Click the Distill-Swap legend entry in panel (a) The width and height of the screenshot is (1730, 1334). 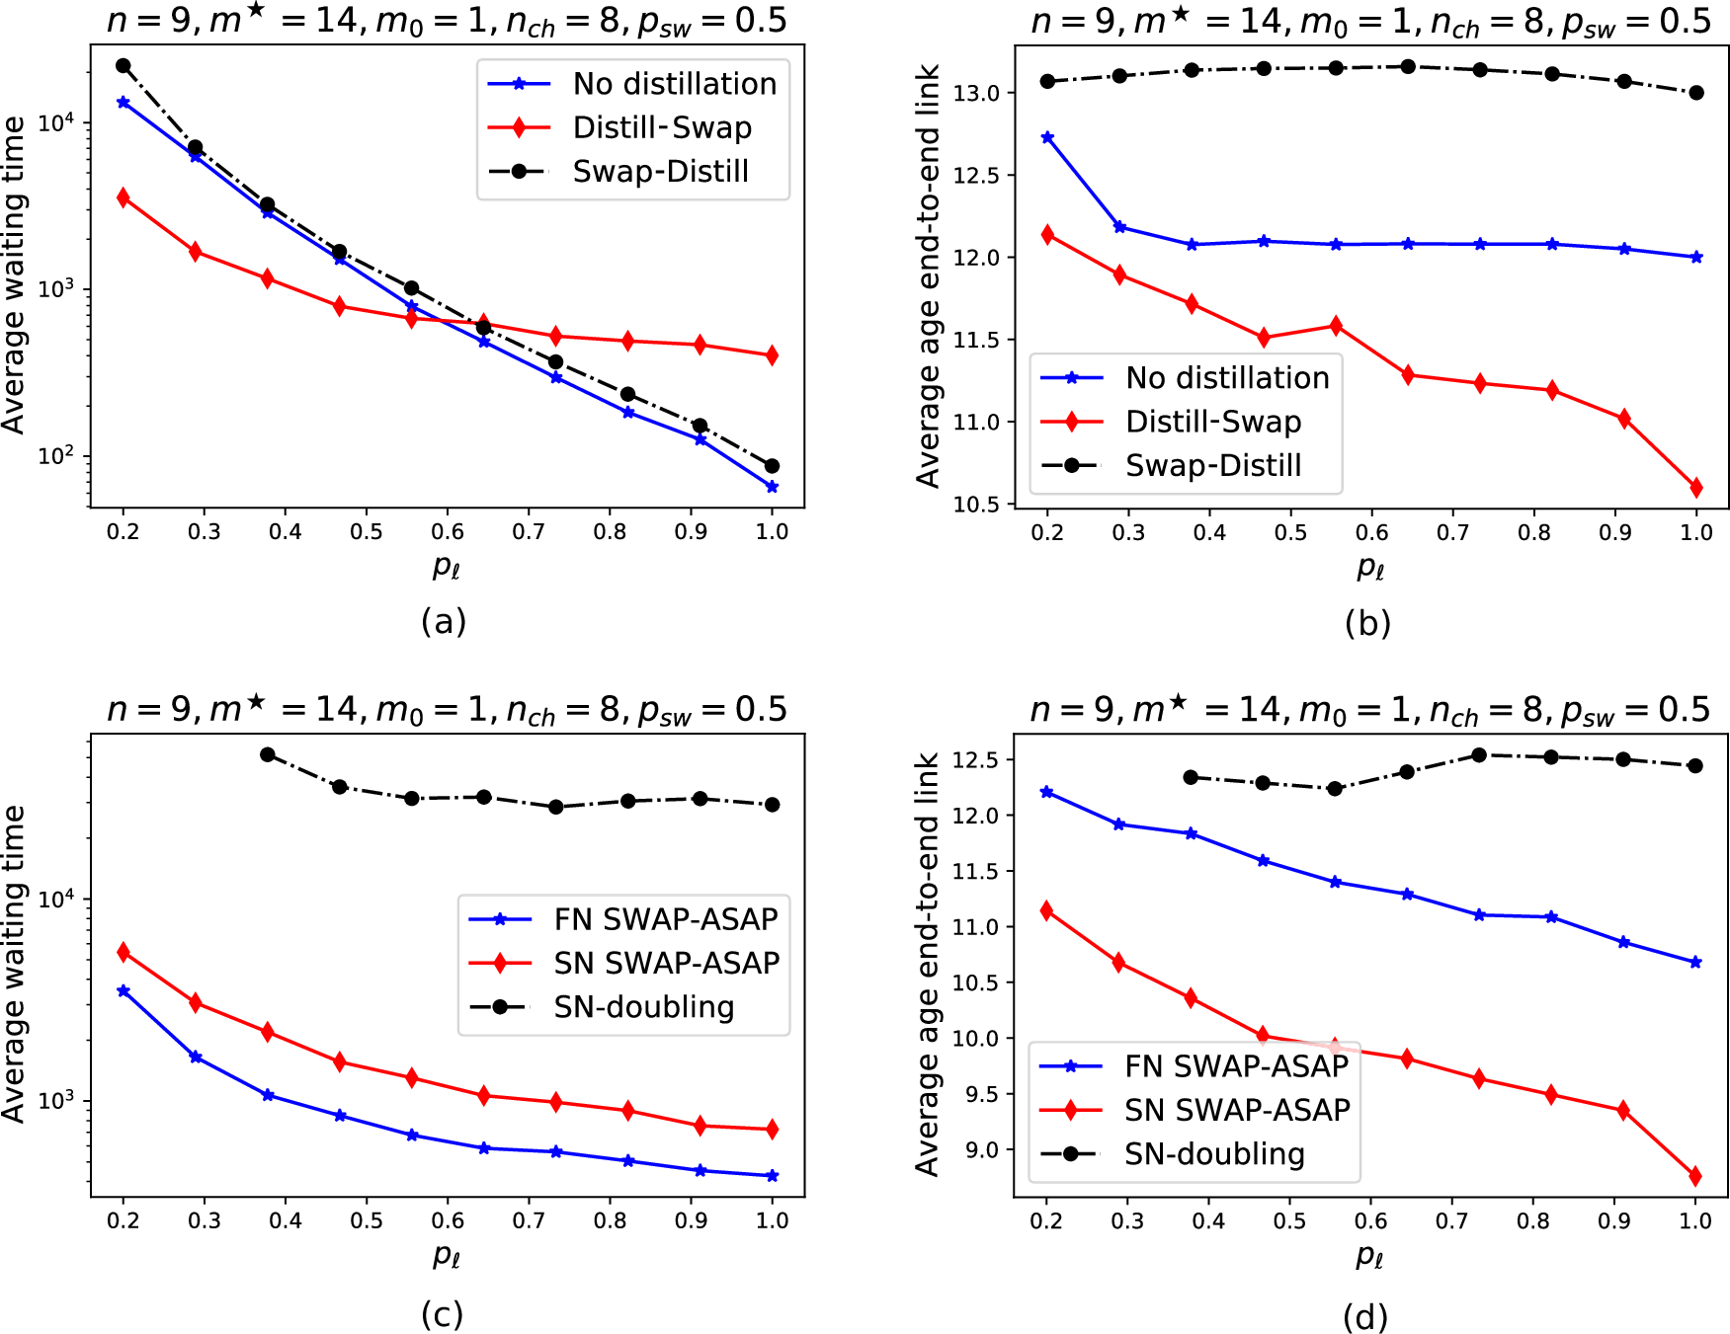click(662, 127)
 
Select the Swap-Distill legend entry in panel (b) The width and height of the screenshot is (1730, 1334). click(1213, 465)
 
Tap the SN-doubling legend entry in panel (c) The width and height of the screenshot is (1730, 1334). click(643, 1006)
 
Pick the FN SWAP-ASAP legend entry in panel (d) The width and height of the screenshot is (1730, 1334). click(1236, 1066)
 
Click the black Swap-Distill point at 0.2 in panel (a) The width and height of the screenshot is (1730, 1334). click(124, 66)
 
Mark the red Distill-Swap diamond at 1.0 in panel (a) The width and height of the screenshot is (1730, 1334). click(772, 354)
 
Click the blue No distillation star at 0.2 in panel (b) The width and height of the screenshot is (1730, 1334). click(1047, 137)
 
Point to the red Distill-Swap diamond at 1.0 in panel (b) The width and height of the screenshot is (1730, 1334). click(1696, 487)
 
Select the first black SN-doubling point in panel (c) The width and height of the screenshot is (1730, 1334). click(267, 754)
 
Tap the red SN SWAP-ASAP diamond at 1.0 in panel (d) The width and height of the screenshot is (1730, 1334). click(1695, 1176)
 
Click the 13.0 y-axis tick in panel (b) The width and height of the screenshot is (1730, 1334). click(976, 94)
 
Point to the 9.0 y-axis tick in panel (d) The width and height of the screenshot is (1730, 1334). click(981, 1150)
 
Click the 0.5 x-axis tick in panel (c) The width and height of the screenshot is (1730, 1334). click(367, 1220)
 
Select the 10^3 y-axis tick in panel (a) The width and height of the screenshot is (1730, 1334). click(55, 289)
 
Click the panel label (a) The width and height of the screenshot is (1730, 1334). click(443, 621)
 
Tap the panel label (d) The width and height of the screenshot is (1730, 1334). click(1365, 1315)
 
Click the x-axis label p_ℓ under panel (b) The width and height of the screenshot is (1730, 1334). click(1369, 568)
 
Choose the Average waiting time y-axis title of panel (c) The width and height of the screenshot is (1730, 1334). click(14, 964)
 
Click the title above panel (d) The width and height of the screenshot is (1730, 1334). click(1369, 710)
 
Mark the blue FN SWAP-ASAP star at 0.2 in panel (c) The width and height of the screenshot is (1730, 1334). click(124, 990)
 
